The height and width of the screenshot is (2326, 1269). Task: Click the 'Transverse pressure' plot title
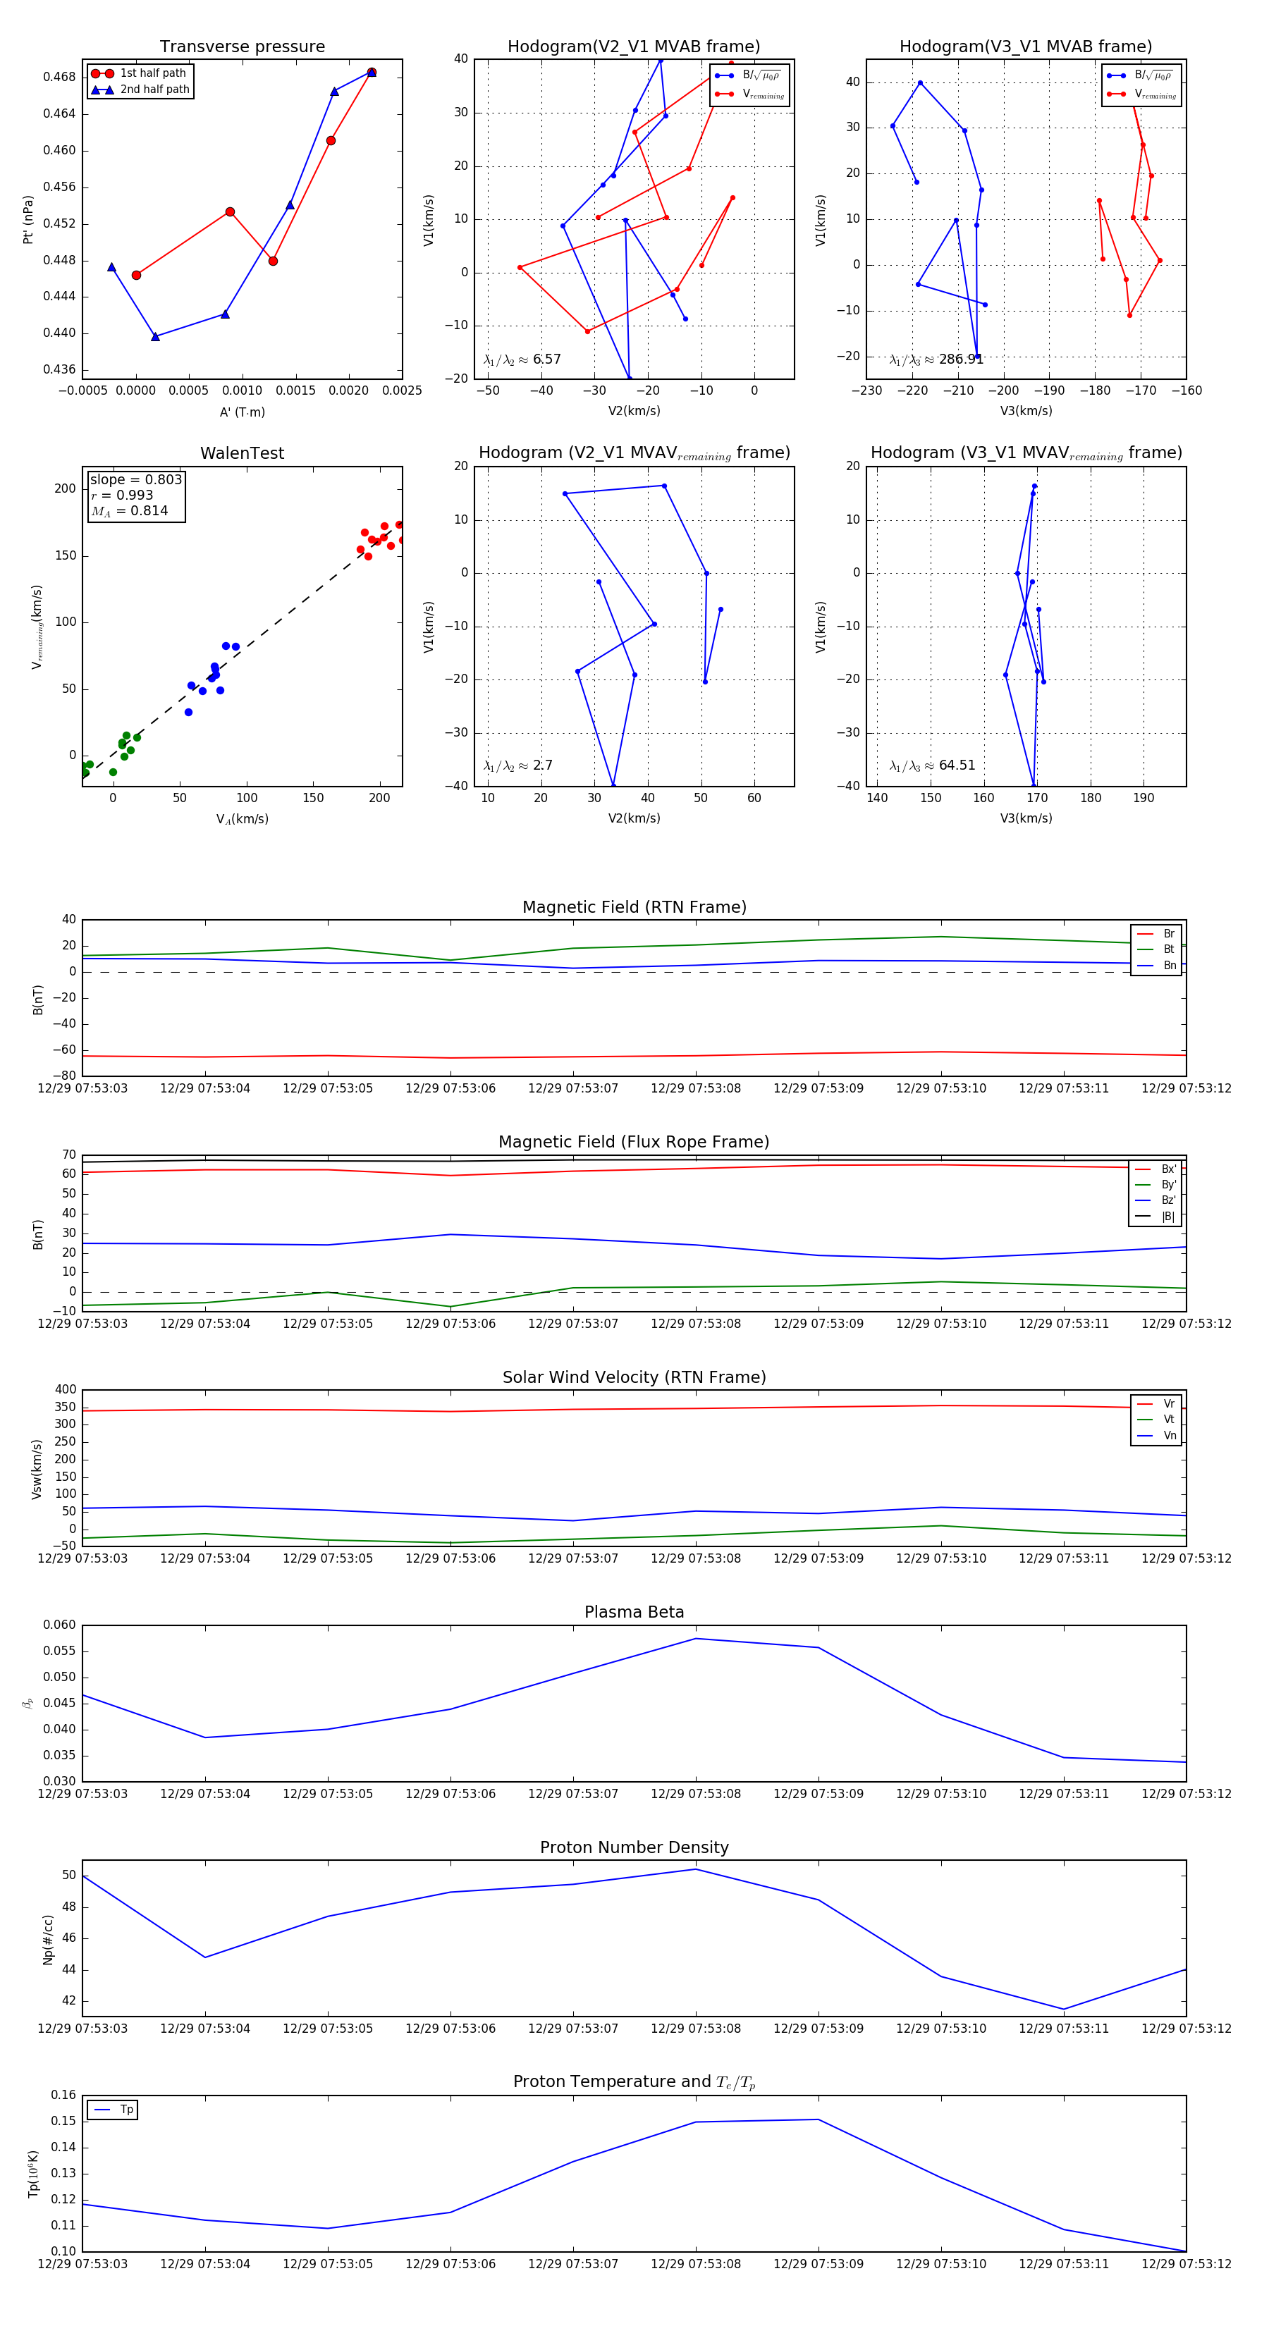(242, 47)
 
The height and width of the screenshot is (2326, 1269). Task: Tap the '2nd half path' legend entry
(154, 90)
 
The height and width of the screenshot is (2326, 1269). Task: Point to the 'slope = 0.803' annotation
(135, 479)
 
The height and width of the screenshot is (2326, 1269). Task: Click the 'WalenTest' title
(242, 453)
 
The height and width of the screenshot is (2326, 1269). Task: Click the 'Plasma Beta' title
(634, 1613)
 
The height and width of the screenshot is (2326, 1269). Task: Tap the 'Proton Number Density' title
(634, 1847)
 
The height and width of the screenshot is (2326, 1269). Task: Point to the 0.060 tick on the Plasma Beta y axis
(60, 1625)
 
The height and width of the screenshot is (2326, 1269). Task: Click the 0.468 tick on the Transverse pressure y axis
(60, 77)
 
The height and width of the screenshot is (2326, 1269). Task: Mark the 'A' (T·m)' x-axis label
(242, 412)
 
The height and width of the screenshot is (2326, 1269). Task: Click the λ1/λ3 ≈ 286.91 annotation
(936, 359)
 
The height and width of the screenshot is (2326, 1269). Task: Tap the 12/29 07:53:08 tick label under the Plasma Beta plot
(695, 1793)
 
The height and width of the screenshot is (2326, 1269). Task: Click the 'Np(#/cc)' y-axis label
(48, 1940)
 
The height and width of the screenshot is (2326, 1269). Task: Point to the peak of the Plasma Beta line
(695, 1639)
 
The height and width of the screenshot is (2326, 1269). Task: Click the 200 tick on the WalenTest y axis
(65, 488)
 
